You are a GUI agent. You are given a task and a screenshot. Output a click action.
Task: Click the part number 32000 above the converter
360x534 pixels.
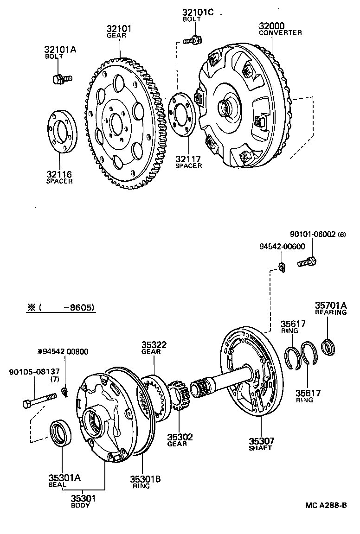pos(272,25)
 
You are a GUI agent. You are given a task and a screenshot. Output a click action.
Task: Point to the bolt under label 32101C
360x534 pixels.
pos(192,40)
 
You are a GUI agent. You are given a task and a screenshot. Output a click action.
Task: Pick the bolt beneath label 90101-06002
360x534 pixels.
pos(307,262)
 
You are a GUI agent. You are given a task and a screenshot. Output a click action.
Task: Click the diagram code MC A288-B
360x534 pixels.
pos(326,505)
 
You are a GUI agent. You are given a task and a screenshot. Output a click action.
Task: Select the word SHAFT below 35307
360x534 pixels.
pos(260,448)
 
